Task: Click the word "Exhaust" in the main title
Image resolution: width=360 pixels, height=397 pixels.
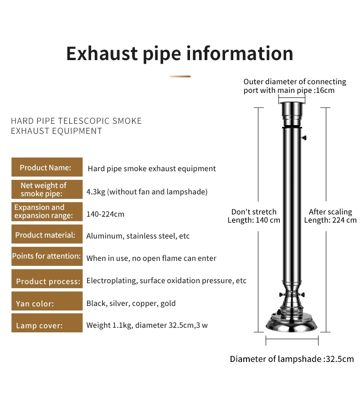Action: click(101, 53)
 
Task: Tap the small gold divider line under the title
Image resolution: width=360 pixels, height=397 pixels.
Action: click(180, 76)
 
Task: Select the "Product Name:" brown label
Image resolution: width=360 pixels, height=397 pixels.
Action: click(47, 168)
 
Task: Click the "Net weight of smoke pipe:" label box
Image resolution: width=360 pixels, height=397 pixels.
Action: click(47, 189)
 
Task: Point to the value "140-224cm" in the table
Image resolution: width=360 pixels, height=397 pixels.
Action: click(105, 214)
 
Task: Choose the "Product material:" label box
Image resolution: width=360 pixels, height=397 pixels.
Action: click(47, 235)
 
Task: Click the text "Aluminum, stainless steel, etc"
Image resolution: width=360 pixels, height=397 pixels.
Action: click(138, 236)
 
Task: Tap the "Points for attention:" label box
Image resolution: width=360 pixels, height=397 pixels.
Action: click(47, 256)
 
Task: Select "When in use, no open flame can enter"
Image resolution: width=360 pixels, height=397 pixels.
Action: click(151, 258)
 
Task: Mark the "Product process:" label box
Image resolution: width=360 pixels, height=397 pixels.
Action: click(47, 281)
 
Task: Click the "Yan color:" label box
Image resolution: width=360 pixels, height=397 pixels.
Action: click(47, 303)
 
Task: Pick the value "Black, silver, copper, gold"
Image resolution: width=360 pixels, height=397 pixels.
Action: click(131, 303)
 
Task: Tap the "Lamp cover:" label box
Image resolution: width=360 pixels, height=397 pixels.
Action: click(47, 325)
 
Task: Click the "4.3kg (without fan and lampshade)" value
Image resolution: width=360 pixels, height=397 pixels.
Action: click(147, 192)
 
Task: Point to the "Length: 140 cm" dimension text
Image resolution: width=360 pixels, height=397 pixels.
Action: click(254, 220)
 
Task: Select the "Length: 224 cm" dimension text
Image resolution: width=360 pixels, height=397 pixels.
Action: click(330, 220)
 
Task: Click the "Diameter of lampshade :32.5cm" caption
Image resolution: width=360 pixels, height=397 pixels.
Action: click(292, 359)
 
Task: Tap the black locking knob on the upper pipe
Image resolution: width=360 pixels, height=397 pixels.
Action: click(303, 137)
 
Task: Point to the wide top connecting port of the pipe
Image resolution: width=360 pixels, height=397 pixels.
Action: click(292, 109)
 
